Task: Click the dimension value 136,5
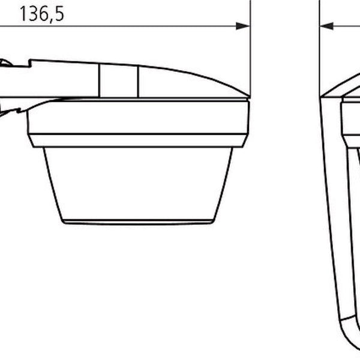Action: click(x=42, y=14)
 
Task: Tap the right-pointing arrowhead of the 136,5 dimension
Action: click(x=242, y=26)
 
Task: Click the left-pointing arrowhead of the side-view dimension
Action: click(x=327, y=26)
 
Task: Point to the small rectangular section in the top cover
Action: click(x=119, y=81)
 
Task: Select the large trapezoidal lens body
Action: click(x=138, y=184)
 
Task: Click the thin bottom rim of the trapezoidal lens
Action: click(x=138, y=222)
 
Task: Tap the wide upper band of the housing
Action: click(x=138, y=117)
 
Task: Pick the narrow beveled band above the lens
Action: click(x=138, y=140)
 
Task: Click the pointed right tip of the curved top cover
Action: click(x=249, y=97)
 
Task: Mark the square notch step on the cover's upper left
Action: click(x=30, y=64)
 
